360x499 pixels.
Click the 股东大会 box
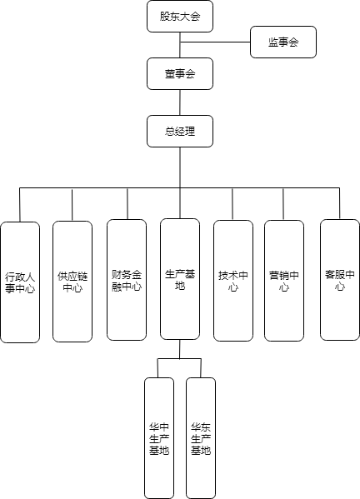pyautogui.click(x=180, y=16)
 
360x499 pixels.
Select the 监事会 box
pyautogui.click(x=283, y=42)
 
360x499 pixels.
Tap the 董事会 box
pyautogui.click(x=180, y=74)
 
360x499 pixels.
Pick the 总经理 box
pyautogui.click(x=180, y=131)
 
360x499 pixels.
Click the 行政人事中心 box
pyautogui.click(x=20, y=282)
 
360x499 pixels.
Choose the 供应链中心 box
pyautogui.click(x=72, y=282)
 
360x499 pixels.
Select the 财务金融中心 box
pyautogui.click(x=127, y=280)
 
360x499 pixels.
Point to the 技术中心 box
pyautogui.click(x=233, y=281)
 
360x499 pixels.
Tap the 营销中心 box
pyautogui.click(x=284, y=281)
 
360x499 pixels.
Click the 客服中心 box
pyautogui.click(x=340, y=280)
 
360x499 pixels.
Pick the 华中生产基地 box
pyautogui.click(x=159, y=438)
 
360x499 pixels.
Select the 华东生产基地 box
pyautogui.click(x=201, y=438)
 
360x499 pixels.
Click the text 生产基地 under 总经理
pyautogui.click(x=180, y=280)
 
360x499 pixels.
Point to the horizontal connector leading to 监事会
pyautogui.click(x=215, y=42)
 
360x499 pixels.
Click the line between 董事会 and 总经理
pyautogui.click(x=180, y=102)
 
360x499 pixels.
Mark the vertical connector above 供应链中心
pyautogui.click(x=72, y=205)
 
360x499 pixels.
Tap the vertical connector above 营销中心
pyautogui.click(x=283, y=204)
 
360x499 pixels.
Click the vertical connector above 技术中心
pyautogui.click(x=232, y=204)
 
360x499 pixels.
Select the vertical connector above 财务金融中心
pyautogui.click(x=127, y=203)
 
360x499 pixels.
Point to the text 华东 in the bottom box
pyautogui.click(x=201, y=427)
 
